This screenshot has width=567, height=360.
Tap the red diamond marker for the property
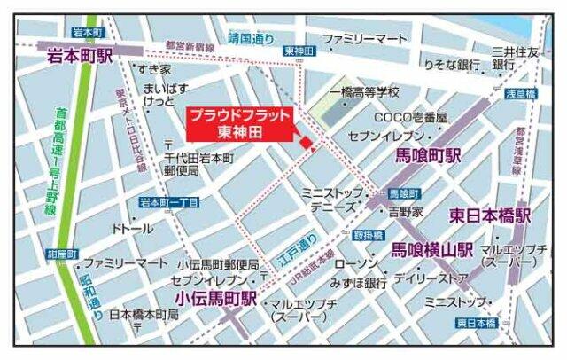pos(305,143)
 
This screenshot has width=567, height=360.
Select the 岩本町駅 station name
pos(81,56)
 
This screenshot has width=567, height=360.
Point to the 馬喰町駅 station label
pos(428,155)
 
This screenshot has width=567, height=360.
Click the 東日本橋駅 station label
pos(489,215)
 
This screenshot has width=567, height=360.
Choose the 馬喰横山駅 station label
pos(432,250)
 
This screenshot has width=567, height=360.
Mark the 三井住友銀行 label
pos(516,59)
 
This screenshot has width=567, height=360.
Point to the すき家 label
pos(153,68)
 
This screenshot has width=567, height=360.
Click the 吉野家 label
pos(404,212)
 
